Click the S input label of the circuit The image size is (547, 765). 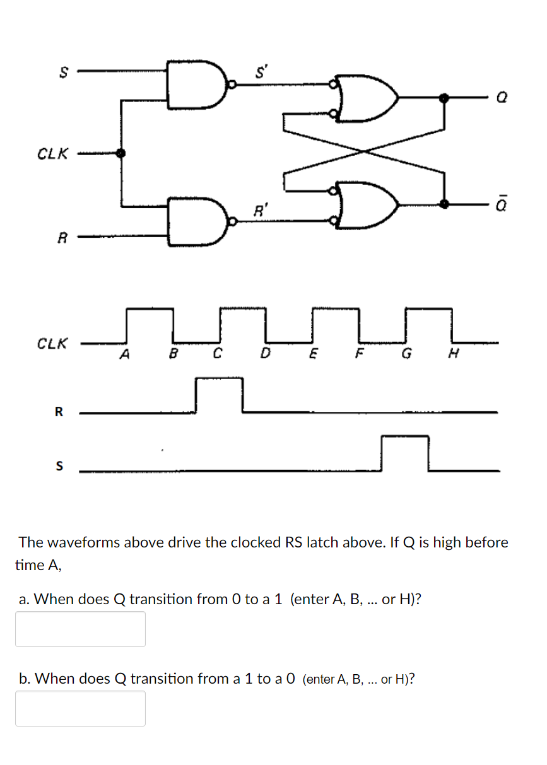click(x=62, y=73)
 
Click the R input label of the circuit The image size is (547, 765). click(x=62, y=238)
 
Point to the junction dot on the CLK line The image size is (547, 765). click(x=121, y=153)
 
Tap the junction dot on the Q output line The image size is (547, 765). click(x=444, y=98)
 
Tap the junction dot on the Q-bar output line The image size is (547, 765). click(x=444, y=204)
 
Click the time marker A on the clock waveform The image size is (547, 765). click(x=125, y=354)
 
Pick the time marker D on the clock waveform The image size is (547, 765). click(x=266, y=354)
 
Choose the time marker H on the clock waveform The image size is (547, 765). click(x=451, y=354)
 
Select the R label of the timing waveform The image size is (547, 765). click(x=59, y=412)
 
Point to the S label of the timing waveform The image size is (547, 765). click(x=59, y=467)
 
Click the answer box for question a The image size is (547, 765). click(x=80, y=629)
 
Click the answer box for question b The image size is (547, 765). click(x=80, y=708)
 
